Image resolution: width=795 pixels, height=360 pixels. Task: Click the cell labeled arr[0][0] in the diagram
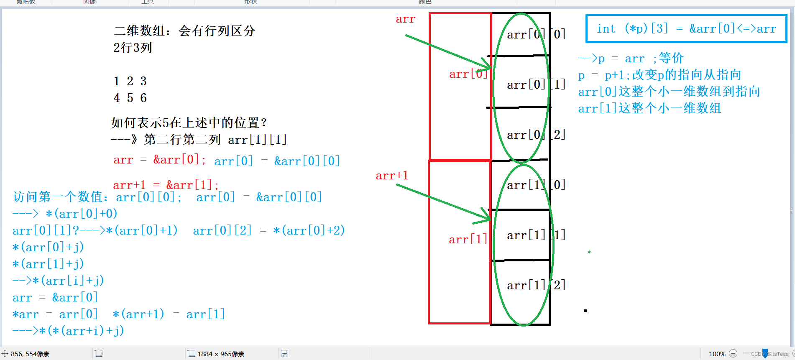click(536, 34)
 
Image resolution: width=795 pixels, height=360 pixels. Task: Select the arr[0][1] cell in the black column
click(536, 84)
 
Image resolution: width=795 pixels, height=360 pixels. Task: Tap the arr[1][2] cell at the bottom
click(536, 285)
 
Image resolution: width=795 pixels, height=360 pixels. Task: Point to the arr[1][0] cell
click(536, 185)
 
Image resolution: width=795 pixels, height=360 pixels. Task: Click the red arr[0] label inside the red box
click(468, 74)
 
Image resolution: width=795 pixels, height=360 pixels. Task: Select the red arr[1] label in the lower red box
click(468, 240)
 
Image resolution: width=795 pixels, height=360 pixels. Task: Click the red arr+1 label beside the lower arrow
click(391, 176)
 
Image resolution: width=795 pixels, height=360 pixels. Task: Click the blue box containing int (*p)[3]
click(686, 28)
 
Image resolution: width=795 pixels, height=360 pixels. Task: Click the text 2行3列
click(133, 48)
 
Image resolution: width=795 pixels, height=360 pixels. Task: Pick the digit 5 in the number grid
click(130, 98)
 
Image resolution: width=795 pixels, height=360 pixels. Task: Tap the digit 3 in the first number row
click(143, 81)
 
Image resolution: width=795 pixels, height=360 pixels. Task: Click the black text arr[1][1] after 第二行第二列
click(257, 140)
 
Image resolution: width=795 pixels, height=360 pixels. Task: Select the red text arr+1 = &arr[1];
click(166, 185)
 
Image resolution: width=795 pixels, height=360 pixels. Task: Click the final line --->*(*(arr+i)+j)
click(68, 331)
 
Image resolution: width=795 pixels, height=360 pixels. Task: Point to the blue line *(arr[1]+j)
click(48, 264)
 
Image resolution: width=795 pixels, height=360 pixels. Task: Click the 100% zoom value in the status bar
click(717, 354)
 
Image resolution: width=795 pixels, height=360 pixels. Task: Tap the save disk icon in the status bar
click(284, 354)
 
